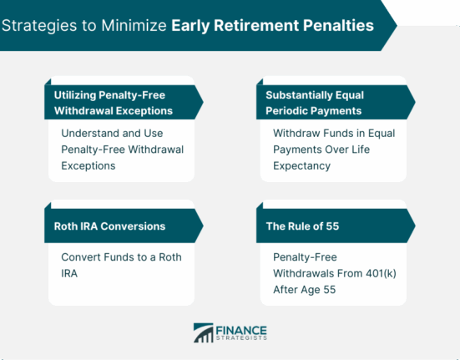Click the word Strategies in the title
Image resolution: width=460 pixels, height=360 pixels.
[39, 26]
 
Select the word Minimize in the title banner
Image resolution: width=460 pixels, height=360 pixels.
[134, 25]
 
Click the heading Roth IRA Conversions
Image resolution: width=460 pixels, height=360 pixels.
[109, 226]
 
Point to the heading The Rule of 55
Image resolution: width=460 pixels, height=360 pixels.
[302, 226]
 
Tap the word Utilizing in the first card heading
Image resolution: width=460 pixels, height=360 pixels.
[75, 96]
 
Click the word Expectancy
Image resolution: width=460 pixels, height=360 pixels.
[302, 166]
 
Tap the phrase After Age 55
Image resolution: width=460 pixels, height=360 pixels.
[305, 290]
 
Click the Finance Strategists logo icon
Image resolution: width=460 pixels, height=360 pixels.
[204, 332]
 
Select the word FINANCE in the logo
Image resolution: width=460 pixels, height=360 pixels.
[241, 331]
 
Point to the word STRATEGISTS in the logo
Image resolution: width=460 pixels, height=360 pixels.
[241, 338]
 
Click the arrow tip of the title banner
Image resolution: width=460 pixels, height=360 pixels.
[397, 26]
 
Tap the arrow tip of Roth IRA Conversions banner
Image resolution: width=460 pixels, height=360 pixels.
[203, 226]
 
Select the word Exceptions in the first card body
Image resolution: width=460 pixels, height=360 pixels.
[88, 166]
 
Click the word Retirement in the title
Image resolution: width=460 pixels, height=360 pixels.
[255, 25]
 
